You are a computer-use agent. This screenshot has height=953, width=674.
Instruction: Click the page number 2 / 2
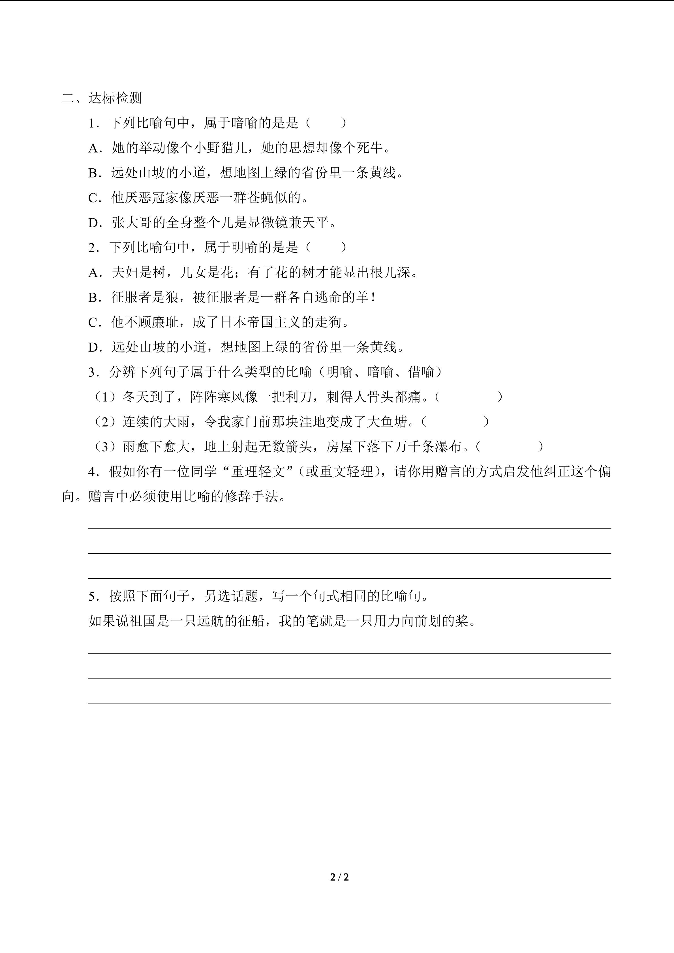(x=339, y=877)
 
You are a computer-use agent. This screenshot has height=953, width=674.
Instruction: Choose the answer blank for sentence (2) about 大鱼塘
(x=455, y=422)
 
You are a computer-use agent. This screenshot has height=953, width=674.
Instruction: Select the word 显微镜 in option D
(x=268, y=223)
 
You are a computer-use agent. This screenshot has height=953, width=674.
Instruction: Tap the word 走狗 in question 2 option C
(x=328, y=322)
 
